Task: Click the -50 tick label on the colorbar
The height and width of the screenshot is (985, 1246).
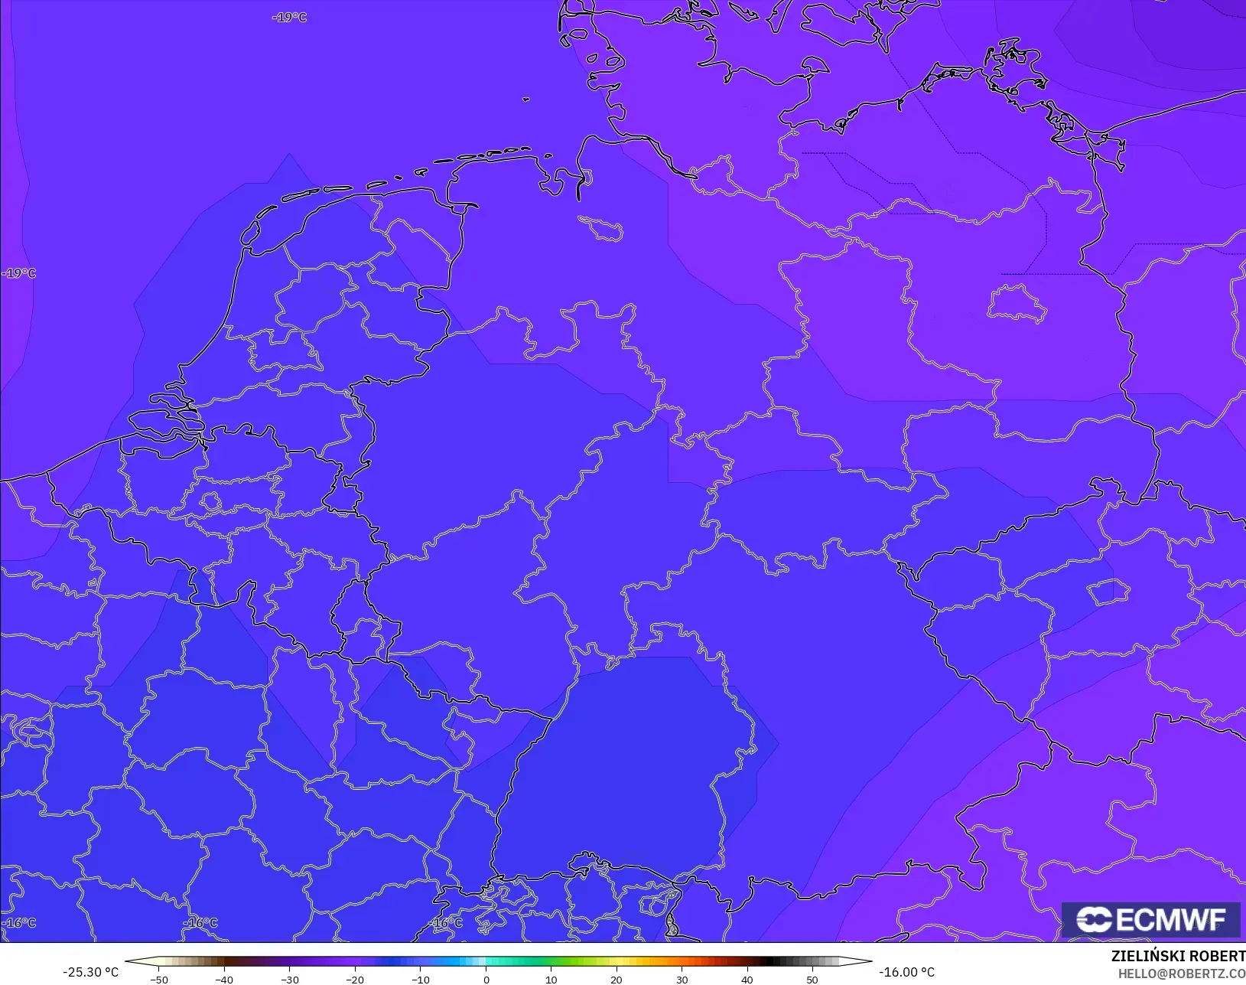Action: pyautogui.click(x=158, y=979)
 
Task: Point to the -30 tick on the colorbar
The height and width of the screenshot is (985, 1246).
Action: pyautogui.click(x=289, y=979)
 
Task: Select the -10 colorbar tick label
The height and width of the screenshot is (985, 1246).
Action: pyautogui.click(x=420, y=979)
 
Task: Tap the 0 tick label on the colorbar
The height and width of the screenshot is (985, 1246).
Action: pyautogui.click(x=486, y=979)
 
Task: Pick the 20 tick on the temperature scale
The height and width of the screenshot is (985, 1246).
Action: pyautogui.click(x=616, y=979)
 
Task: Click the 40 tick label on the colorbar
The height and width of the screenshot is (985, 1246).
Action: pyautogui.click(x=747, y=979)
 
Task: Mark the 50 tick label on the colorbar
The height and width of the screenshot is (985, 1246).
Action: pyautogui.click(x=812, y=979)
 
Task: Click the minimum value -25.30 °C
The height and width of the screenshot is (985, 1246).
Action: pyautogui.click(x=90, y=972)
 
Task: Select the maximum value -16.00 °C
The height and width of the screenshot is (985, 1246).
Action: pyautogui.click(x=906, y=972)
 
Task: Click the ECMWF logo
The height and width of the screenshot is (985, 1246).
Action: pyautogui.click(x=1150, y=919)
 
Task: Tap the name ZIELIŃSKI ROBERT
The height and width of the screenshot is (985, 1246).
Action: pyautogui.click(x=1178, y=956)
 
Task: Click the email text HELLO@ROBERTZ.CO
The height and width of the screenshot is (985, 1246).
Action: pyautogui.click(x=1182, y=974)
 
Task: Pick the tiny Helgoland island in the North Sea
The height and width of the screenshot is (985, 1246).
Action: pyautogui.click(x=526, y=99)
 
